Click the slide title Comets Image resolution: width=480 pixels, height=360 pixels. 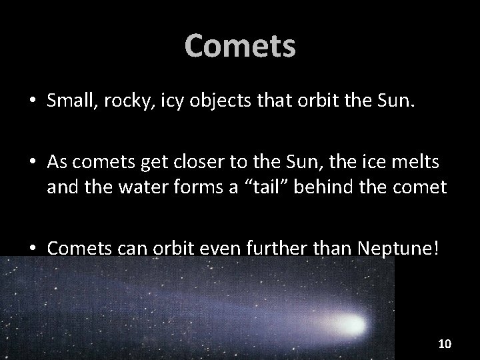point(240,46)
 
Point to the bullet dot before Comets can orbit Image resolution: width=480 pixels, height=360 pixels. point(33,249)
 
